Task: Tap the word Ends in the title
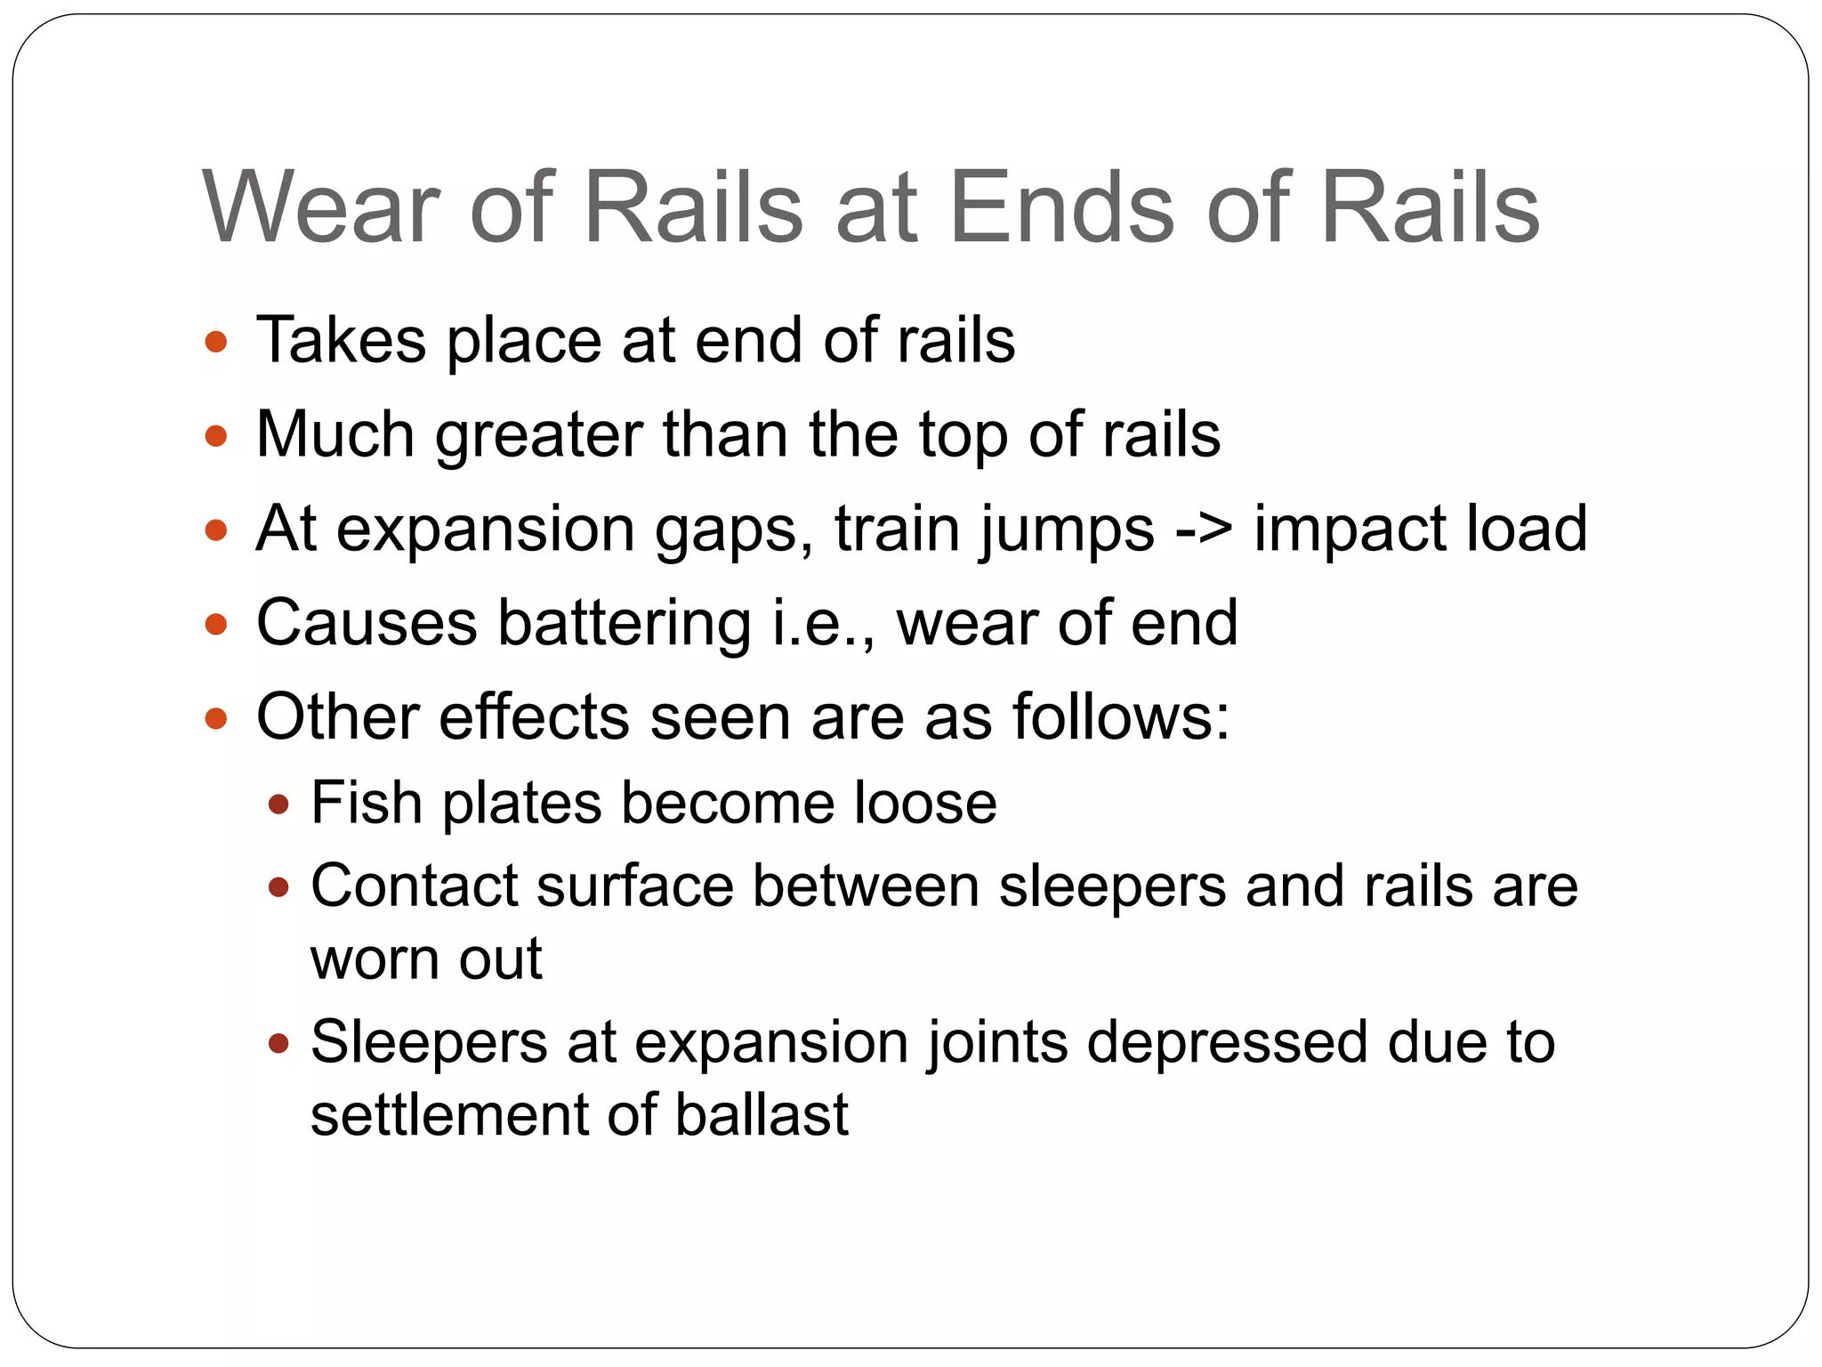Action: pyautogui.click(x=1062, y=207)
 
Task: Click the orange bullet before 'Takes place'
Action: pyautogui.click(x=216, y=342)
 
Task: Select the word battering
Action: pyautogui.click(x=624, y=624)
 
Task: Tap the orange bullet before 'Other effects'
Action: pyautogui.click(x=216, y=717)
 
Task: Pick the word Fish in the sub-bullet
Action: pyautogui.click(x=366, y=803)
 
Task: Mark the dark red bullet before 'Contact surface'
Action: pyautogui.click(x=278, y=887)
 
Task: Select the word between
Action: pyautogui.click(x=866, y=886)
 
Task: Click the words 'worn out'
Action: pyautogui.click(x=426, y=959)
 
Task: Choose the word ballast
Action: pyautogui.click(x=762, y=1115)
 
